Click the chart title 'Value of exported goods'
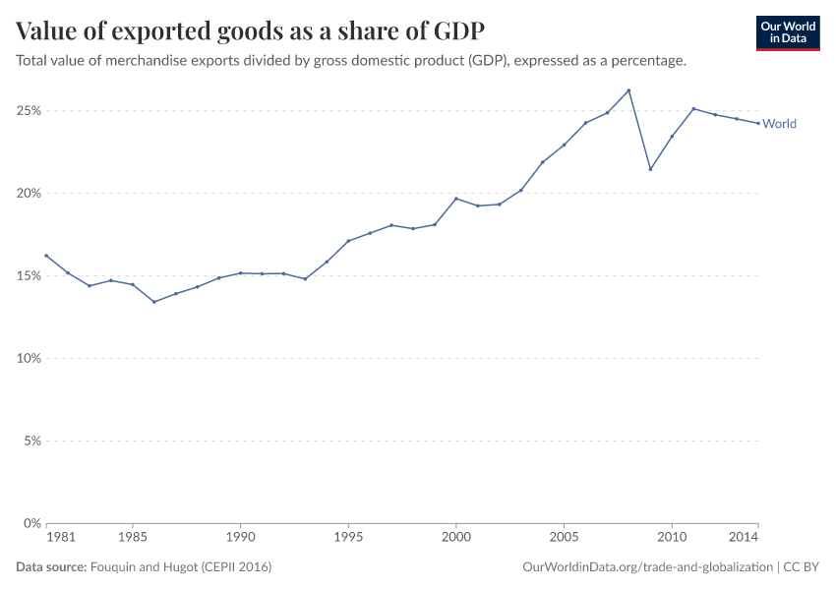click(250, 30)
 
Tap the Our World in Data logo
click(787, 32)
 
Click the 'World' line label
click(779, 124)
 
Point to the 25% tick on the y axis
click(28, 111)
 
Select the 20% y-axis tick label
click(28, 194)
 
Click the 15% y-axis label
click(28, 276)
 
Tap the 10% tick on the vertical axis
click(28, 359)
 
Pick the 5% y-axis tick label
click(30, 442)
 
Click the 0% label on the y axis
click(30, 523)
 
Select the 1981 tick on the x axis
click(60, 538)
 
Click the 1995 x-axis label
click(348, 538)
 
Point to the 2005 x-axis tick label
click(564, 538)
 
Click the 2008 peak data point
click(628, 90)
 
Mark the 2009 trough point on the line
click(650, 169)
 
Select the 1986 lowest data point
click(154, 302)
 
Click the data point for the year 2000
click(456, 199)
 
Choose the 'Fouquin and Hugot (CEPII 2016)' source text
click(181, 567)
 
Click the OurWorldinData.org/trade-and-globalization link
click(649, 567)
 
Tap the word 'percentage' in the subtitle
click(646, 61)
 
